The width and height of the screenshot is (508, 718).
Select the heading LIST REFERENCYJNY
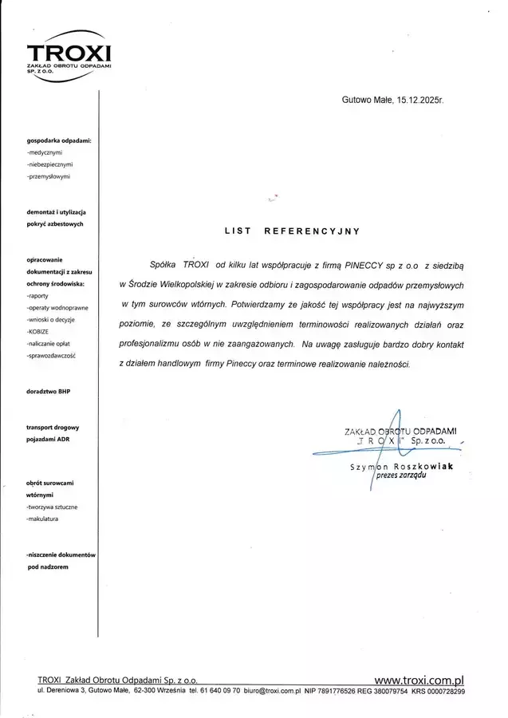click(x=292, y=231)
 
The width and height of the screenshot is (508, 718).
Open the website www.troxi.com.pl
click(x=419, y=680)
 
